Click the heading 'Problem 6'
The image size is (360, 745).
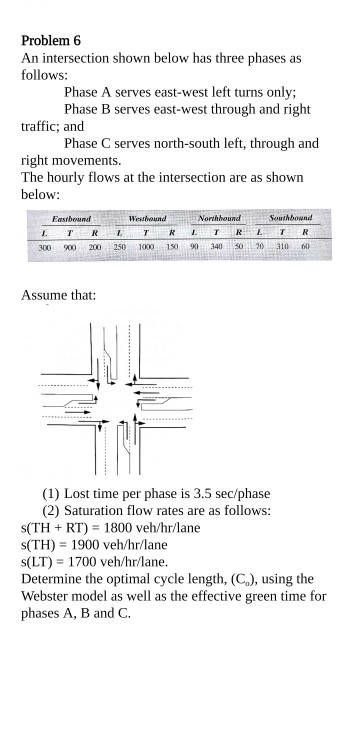(51, 41)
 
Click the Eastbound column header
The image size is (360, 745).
(71, 218)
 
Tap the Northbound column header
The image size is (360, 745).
(220, 218)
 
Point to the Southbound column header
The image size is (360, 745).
(291, 218)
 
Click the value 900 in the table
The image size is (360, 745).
(69, 246)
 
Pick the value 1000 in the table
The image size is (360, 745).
(147, 246)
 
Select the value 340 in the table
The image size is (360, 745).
(216, 246)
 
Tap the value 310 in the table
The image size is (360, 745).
(282, 246)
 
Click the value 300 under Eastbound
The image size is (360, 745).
(45, 246)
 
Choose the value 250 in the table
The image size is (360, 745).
(119, 246)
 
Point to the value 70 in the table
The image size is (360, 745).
(259, 246)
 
